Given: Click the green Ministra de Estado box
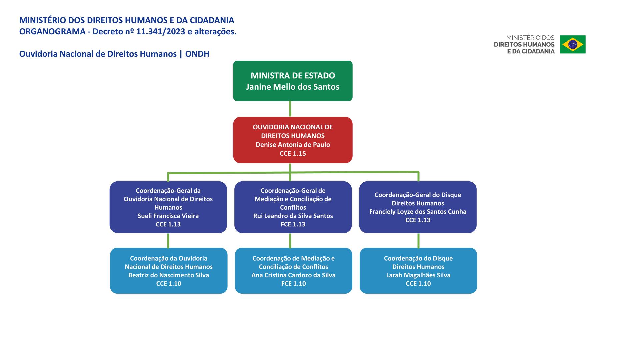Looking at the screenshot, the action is [293, 81].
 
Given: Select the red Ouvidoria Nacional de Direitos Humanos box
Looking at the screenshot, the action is [293, 140].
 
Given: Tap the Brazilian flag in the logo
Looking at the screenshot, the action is [573, 44].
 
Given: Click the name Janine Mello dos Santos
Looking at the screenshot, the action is [293, 87].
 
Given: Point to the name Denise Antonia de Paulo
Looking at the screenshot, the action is [293, 145].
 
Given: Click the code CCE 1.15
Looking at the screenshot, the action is [293, 153].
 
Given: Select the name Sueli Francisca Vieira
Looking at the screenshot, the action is [168, 216].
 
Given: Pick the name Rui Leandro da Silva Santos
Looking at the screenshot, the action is [293, 216].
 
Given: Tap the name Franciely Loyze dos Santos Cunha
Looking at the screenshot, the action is [418, 212].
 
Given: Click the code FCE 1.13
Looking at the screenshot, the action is [293, 224].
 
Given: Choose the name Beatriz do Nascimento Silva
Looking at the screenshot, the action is [169, 275].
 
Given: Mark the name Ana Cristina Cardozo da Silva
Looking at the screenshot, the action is [293, 275].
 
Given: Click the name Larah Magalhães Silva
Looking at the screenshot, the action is [418, 275].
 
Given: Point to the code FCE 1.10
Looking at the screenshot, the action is [293, 284].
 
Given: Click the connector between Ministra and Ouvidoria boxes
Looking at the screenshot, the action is [290, 109].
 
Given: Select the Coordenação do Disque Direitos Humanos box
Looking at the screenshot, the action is [418, 271].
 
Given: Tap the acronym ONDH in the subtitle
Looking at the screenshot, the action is [197, 54].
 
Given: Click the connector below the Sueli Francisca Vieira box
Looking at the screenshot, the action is [168, 241].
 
